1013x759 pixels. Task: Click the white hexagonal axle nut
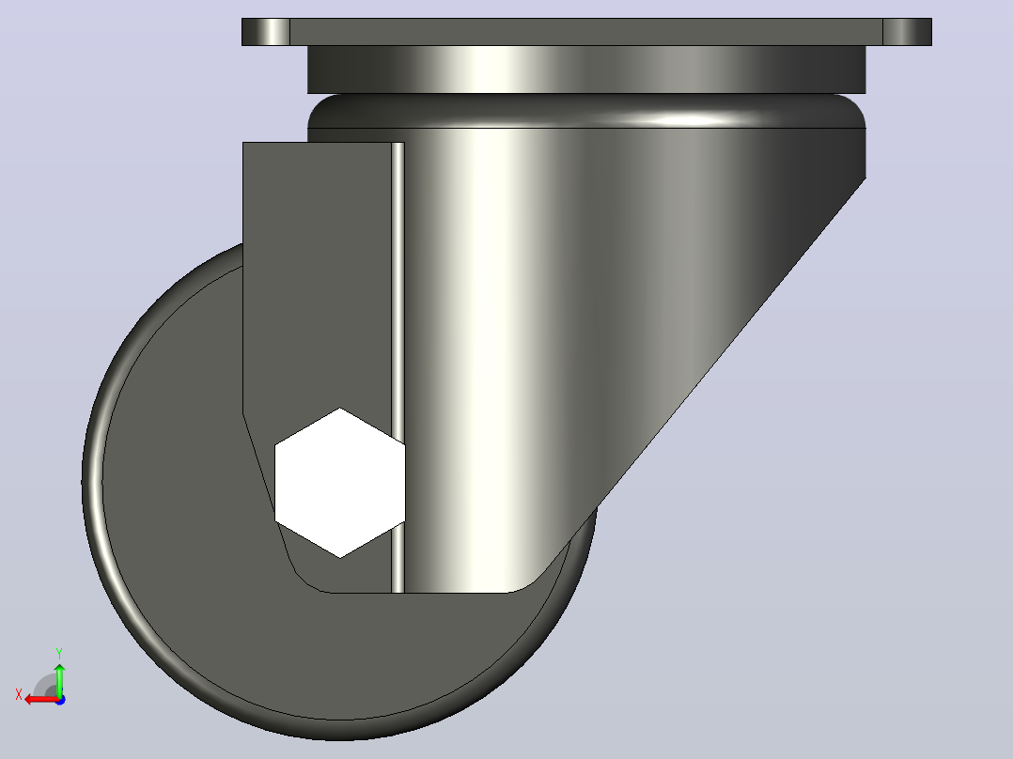[340, 483]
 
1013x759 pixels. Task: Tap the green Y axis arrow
[59, 679]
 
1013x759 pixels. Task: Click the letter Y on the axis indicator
[59, 653]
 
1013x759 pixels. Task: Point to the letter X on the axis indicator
[19, 695]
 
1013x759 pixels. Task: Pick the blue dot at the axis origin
[60, 700]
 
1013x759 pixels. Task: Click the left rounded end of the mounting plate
[266, 32]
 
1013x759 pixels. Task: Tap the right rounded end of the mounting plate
[907, 32]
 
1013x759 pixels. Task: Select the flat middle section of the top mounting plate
[586, 32]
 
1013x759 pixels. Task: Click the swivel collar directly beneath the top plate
[586, 70]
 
